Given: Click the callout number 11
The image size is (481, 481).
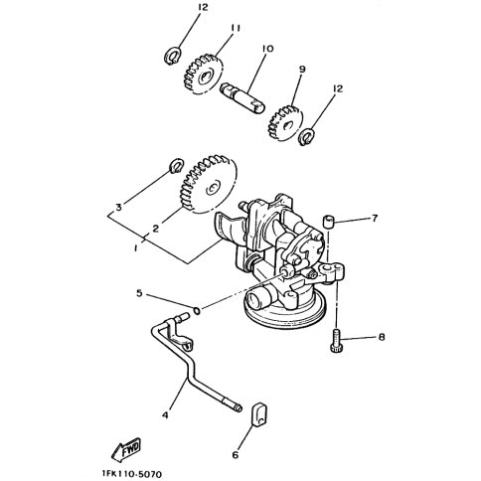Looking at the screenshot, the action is coord(235,28).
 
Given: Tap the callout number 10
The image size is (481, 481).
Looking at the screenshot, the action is coord(267,49).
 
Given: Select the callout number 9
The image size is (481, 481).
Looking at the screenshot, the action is coord(302,70).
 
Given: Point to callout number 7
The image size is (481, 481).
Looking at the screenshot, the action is coord(375,219).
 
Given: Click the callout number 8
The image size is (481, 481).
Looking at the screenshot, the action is coord(382,337).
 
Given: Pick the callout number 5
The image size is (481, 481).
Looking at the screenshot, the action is coord(139,293).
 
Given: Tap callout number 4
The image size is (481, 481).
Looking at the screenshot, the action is coord(165,414).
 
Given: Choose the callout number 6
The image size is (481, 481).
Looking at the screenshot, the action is coord(236,455).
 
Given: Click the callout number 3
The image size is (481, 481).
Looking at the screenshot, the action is coord(118,208).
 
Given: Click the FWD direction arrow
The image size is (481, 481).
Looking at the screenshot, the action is coord(126,450).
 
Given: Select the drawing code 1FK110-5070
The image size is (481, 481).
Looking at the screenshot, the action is coord(132,474).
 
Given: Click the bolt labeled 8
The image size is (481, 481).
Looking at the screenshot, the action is coord(336,341).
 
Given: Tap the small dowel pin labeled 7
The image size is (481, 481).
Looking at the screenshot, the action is coord(328,222).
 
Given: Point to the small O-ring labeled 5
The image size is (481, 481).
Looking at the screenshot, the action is coord(196,311).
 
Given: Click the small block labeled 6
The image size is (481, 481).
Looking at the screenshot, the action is coord(259,413).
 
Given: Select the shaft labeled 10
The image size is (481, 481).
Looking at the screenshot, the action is coord(242,98).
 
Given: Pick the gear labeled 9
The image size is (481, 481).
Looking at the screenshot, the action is coord(285,123).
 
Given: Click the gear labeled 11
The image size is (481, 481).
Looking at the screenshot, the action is coord(203,75).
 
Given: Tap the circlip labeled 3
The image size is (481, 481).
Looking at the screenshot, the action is coord(176,165).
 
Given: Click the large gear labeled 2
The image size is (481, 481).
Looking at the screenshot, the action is coord(209,185).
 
